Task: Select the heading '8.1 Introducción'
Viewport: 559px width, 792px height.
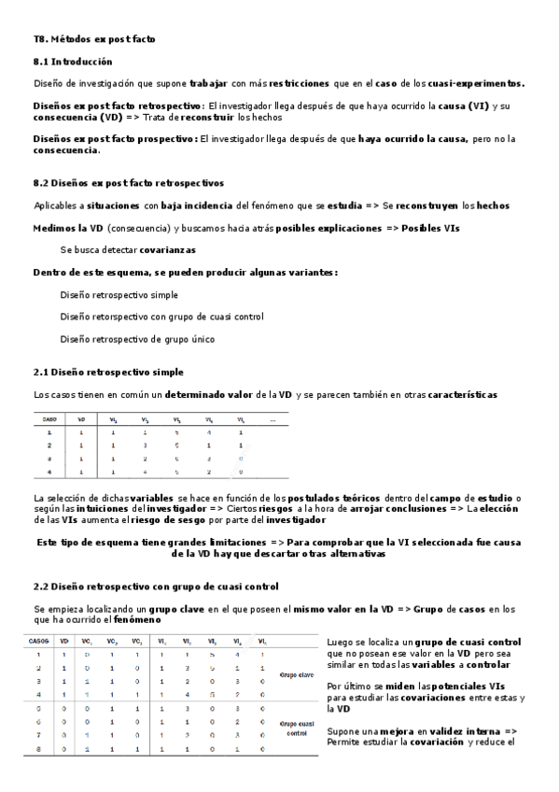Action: [73, 62]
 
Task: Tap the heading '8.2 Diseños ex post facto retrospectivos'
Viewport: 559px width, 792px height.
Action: [128, 183]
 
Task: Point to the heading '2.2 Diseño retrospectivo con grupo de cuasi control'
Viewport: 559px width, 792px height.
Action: [155, 586]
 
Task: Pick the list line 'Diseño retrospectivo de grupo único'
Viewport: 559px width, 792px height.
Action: [137, 339]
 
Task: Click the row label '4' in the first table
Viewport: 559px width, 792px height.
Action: [49, 472]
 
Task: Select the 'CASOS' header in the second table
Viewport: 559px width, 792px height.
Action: [39, 642]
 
